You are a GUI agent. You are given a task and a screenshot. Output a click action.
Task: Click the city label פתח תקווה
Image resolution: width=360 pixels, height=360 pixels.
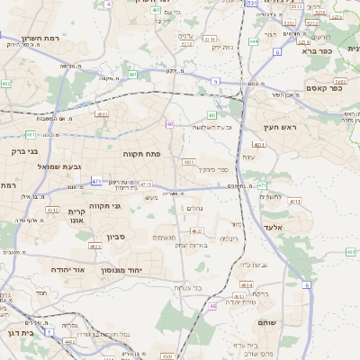142,154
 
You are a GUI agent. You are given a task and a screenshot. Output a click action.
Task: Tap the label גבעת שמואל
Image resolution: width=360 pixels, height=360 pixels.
59,166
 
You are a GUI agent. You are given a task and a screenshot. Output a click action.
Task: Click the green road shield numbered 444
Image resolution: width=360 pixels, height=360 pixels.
254,40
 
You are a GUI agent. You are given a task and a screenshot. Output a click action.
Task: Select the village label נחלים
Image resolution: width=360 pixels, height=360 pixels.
193,208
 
